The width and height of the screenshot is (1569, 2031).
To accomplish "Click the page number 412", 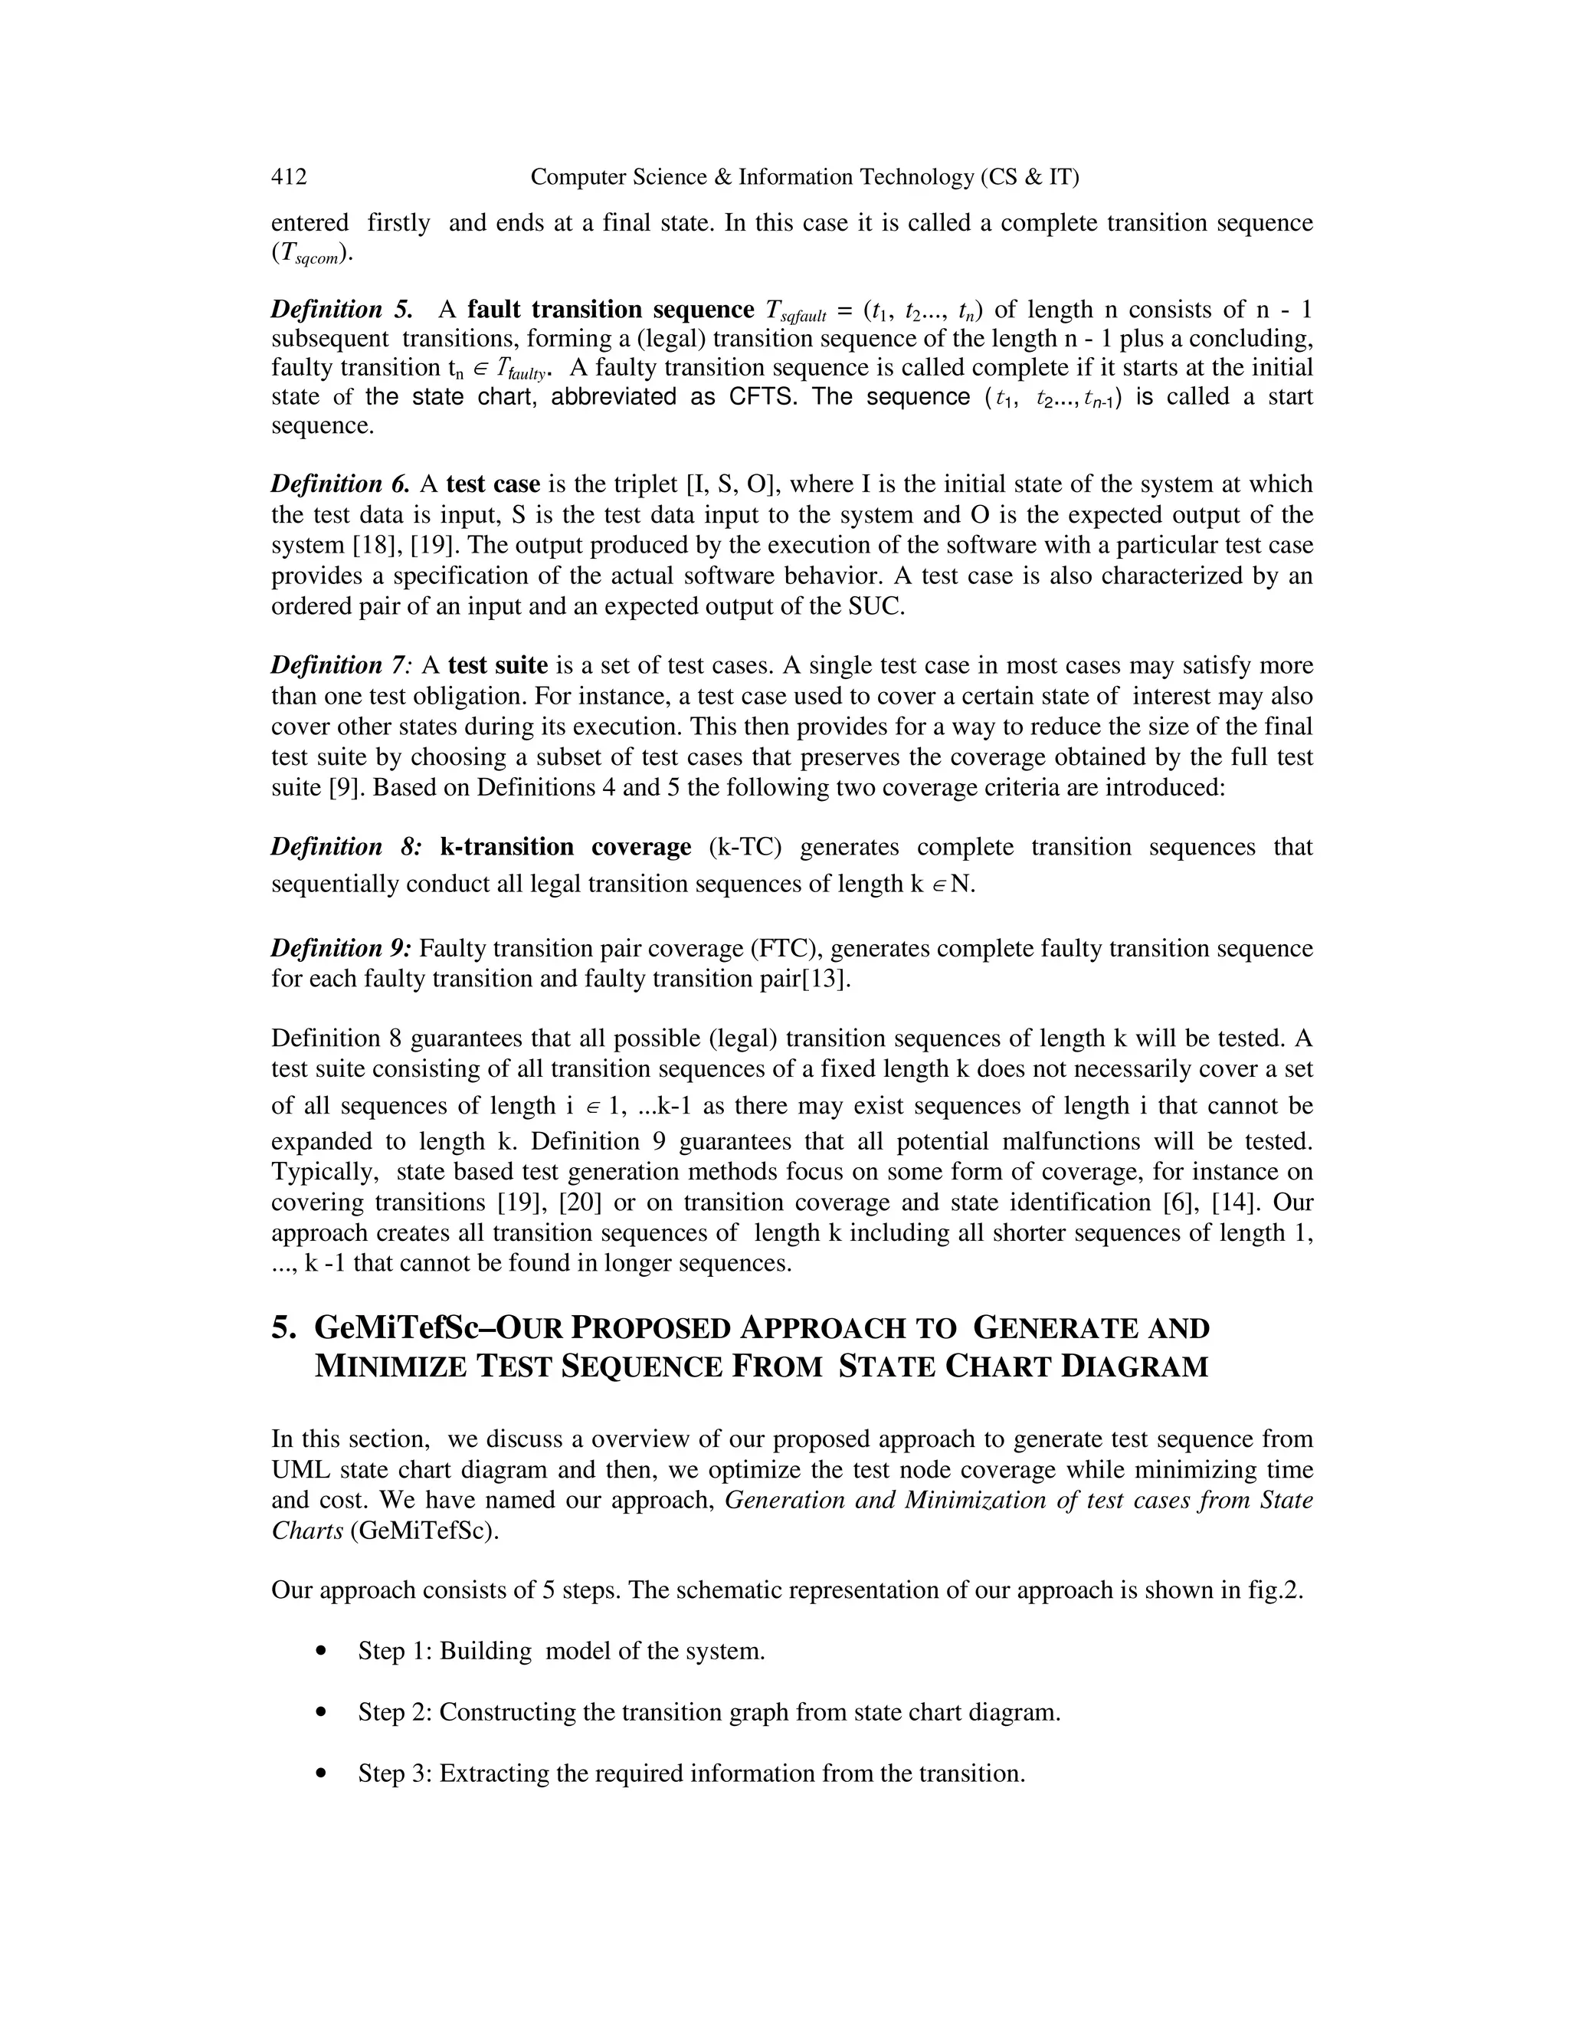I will pos(288,177).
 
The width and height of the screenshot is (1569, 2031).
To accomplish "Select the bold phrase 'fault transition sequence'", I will pos(611,309).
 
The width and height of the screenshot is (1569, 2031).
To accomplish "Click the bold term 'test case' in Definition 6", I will pos(493,484).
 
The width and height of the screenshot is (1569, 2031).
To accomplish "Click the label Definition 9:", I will pos(341,949).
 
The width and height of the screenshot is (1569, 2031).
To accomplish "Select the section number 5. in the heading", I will pos(283,1328).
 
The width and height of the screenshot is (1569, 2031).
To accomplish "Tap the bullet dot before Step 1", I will pos(322,1652).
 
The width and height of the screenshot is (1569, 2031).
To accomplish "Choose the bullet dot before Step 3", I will pos(322,1774).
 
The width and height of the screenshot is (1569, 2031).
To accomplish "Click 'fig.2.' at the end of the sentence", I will pos(1276,1591).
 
